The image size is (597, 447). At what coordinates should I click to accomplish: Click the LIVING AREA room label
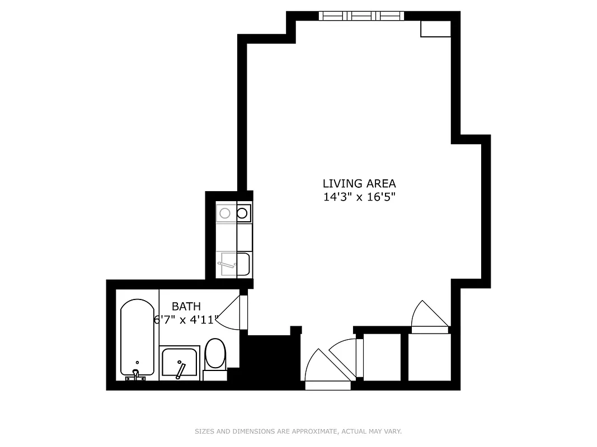click(359, 183)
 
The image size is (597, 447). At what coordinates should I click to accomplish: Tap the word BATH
click(186, 306)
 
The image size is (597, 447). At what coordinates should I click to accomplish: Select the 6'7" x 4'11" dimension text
click(186, 320)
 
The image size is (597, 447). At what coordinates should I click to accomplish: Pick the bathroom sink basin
click(179, 362)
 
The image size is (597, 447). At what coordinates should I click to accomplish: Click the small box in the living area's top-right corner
click(435, 29)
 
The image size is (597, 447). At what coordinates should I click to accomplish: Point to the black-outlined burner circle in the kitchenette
click(243, 213)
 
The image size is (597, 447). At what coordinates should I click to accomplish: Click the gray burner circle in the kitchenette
click(225, 213)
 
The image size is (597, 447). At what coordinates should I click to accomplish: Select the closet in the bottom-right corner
click(429, 357)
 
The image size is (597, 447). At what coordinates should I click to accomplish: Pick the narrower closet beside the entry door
click(382, 357)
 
